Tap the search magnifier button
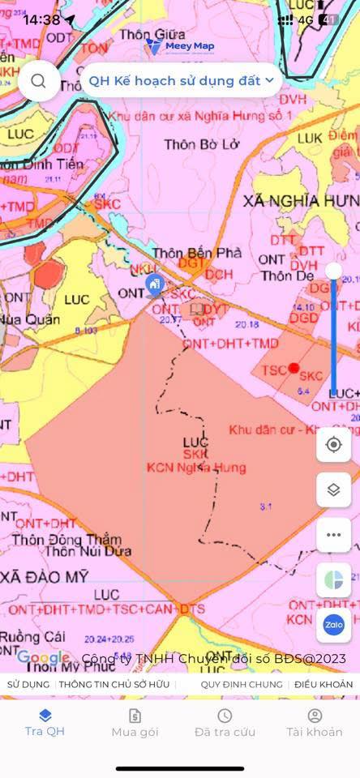pyautogui.click(x=38, y=80)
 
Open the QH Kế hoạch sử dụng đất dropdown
pyautogui.click(x=180, y=80)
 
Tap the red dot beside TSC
pyautogui.click(x=294, y=368)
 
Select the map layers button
pyautogui.click(x=333, y=489)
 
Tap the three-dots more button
pyautogui.click(x=333, y=535)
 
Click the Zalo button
pyautogui.click(x=333, y=625)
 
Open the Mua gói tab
pyautogui.click(x=135, y=722)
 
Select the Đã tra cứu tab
pyautogui.click(x=225, y=722)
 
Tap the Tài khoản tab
pyautogui.click(x=315, y=722)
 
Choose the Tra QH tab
pyautogui.click(x=45, y=722)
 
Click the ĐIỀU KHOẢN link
pyautogui.click(x=324, y=685)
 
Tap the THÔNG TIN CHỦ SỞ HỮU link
pyautogui.click(x=118, y=685)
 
